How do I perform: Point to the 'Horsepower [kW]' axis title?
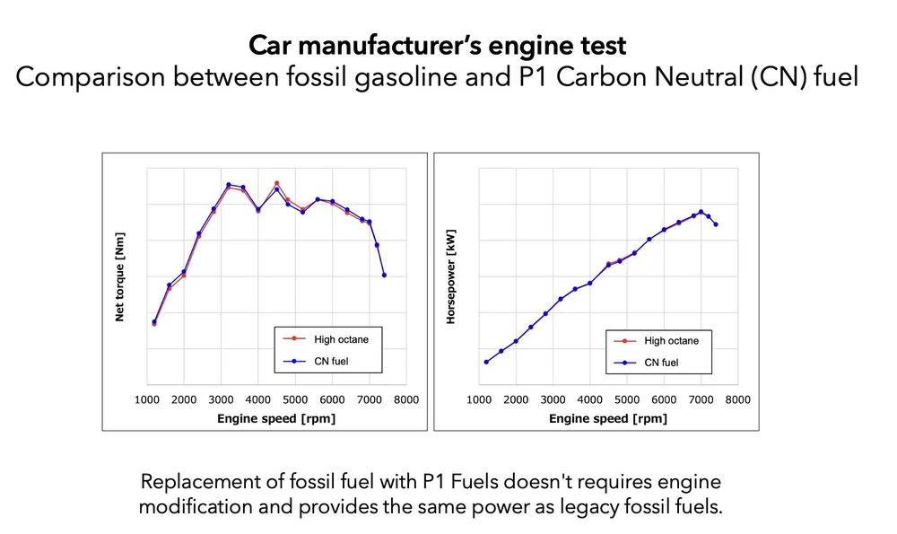click(x=451, y=276)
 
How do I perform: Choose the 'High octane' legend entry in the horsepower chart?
click(x=671, y=341)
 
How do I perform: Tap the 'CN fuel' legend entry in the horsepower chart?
click(x=662, y=363)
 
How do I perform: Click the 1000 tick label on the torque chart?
click(x=147, y=399)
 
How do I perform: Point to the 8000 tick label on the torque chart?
click(x=405, y=399)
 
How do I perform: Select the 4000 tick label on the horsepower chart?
click(x=589, y=399)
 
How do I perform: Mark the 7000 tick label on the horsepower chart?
click(x=701, y=399)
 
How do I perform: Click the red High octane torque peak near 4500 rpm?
click(x=276, y=183)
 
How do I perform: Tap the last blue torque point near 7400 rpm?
click(x=384, y=275)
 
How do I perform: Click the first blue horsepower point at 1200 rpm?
click(x=486, y=362)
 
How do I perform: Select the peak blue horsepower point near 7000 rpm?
click(x=701, y=212)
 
